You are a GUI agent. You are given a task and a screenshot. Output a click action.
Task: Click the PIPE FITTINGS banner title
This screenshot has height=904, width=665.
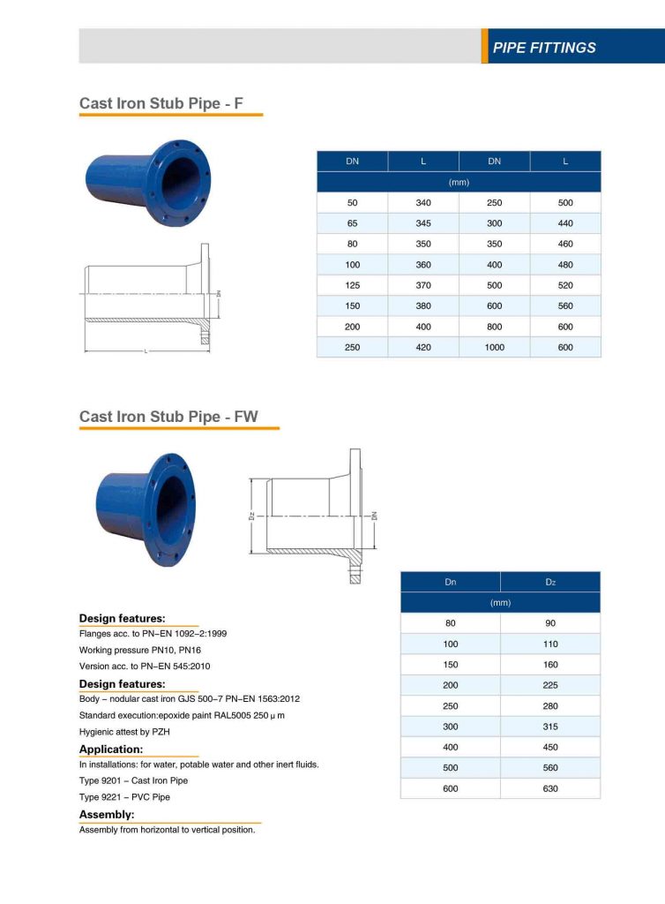(544, 48)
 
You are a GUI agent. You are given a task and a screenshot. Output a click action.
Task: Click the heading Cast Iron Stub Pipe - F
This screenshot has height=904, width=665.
(161, 103)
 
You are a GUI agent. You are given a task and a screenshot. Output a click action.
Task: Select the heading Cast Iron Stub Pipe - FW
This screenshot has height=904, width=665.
(168, 416)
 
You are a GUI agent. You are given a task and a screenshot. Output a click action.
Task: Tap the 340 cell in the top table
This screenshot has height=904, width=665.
(423, 203)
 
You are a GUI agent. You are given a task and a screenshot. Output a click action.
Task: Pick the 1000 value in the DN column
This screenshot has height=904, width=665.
(494, 347)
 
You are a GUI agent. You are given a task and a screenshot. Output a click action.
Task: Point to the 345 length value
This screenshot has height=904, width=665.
(423, 223)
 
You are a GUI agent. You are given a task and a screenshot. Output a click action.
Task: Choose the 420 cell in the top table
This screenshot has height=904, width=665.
(423, 347)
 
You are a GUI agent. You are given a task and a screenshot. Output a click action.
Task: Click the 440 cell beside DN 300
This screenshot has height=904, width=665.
(565, 223)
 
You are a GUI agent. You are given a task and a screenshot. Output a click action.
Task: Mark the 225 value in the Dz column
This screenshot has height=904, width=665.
(550, 685)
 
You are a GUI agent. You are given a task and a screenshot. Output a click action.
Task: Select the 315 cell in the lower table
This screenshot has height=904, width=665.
(550, 727)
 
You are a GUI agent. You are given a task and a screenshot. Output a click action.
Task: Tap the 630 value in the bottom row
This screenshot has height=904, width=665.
(550, 788)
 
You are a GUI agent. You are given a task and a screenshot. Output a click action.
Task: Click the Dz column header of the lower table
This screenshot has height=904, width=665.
(550, 583)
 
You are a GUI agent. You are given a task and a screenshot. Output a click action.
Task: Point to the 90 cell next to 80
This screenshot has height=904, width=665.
(550, 623)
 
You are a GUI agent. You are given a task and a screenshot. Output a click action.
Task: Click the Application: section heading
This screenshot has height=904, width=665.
(111, 750)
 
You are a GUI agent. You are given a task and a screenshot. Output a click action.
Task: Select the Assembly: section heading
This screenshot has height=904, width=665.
(107, 814)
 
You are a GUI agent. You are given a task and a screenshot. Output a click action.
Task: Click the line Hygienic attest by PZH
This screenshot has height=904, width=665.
(128, 733)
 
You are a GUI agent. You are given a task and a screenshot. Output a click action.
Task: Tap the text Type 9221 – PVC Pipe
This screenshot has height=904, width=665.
(124, 797)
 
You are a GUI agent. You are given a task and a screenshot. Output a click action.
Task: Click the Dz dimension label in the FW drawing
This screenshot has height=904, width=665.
(252, 516)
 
